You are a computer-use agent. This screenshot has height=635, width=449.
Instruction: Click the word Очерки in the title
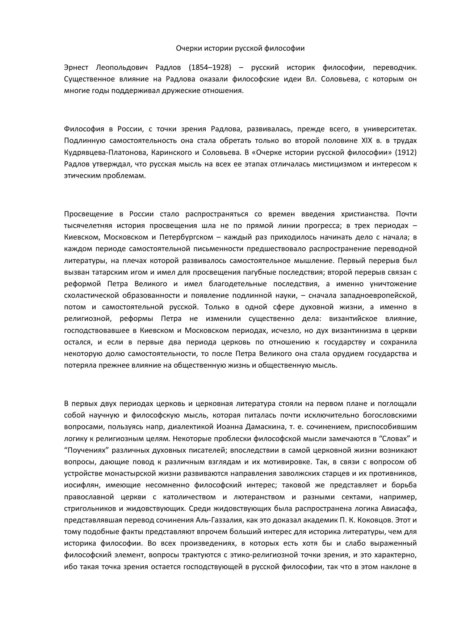[x=187, y=48]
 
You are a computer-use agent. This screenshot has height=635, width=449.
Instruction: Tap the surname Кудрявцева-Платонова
[x=105, y=152]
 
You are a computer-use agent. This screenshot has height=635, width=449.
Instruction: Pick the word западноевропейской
[x=380, y=295]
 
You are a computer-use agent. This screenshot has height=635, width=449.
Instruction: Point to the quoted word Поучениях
[x=87, y=450]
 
